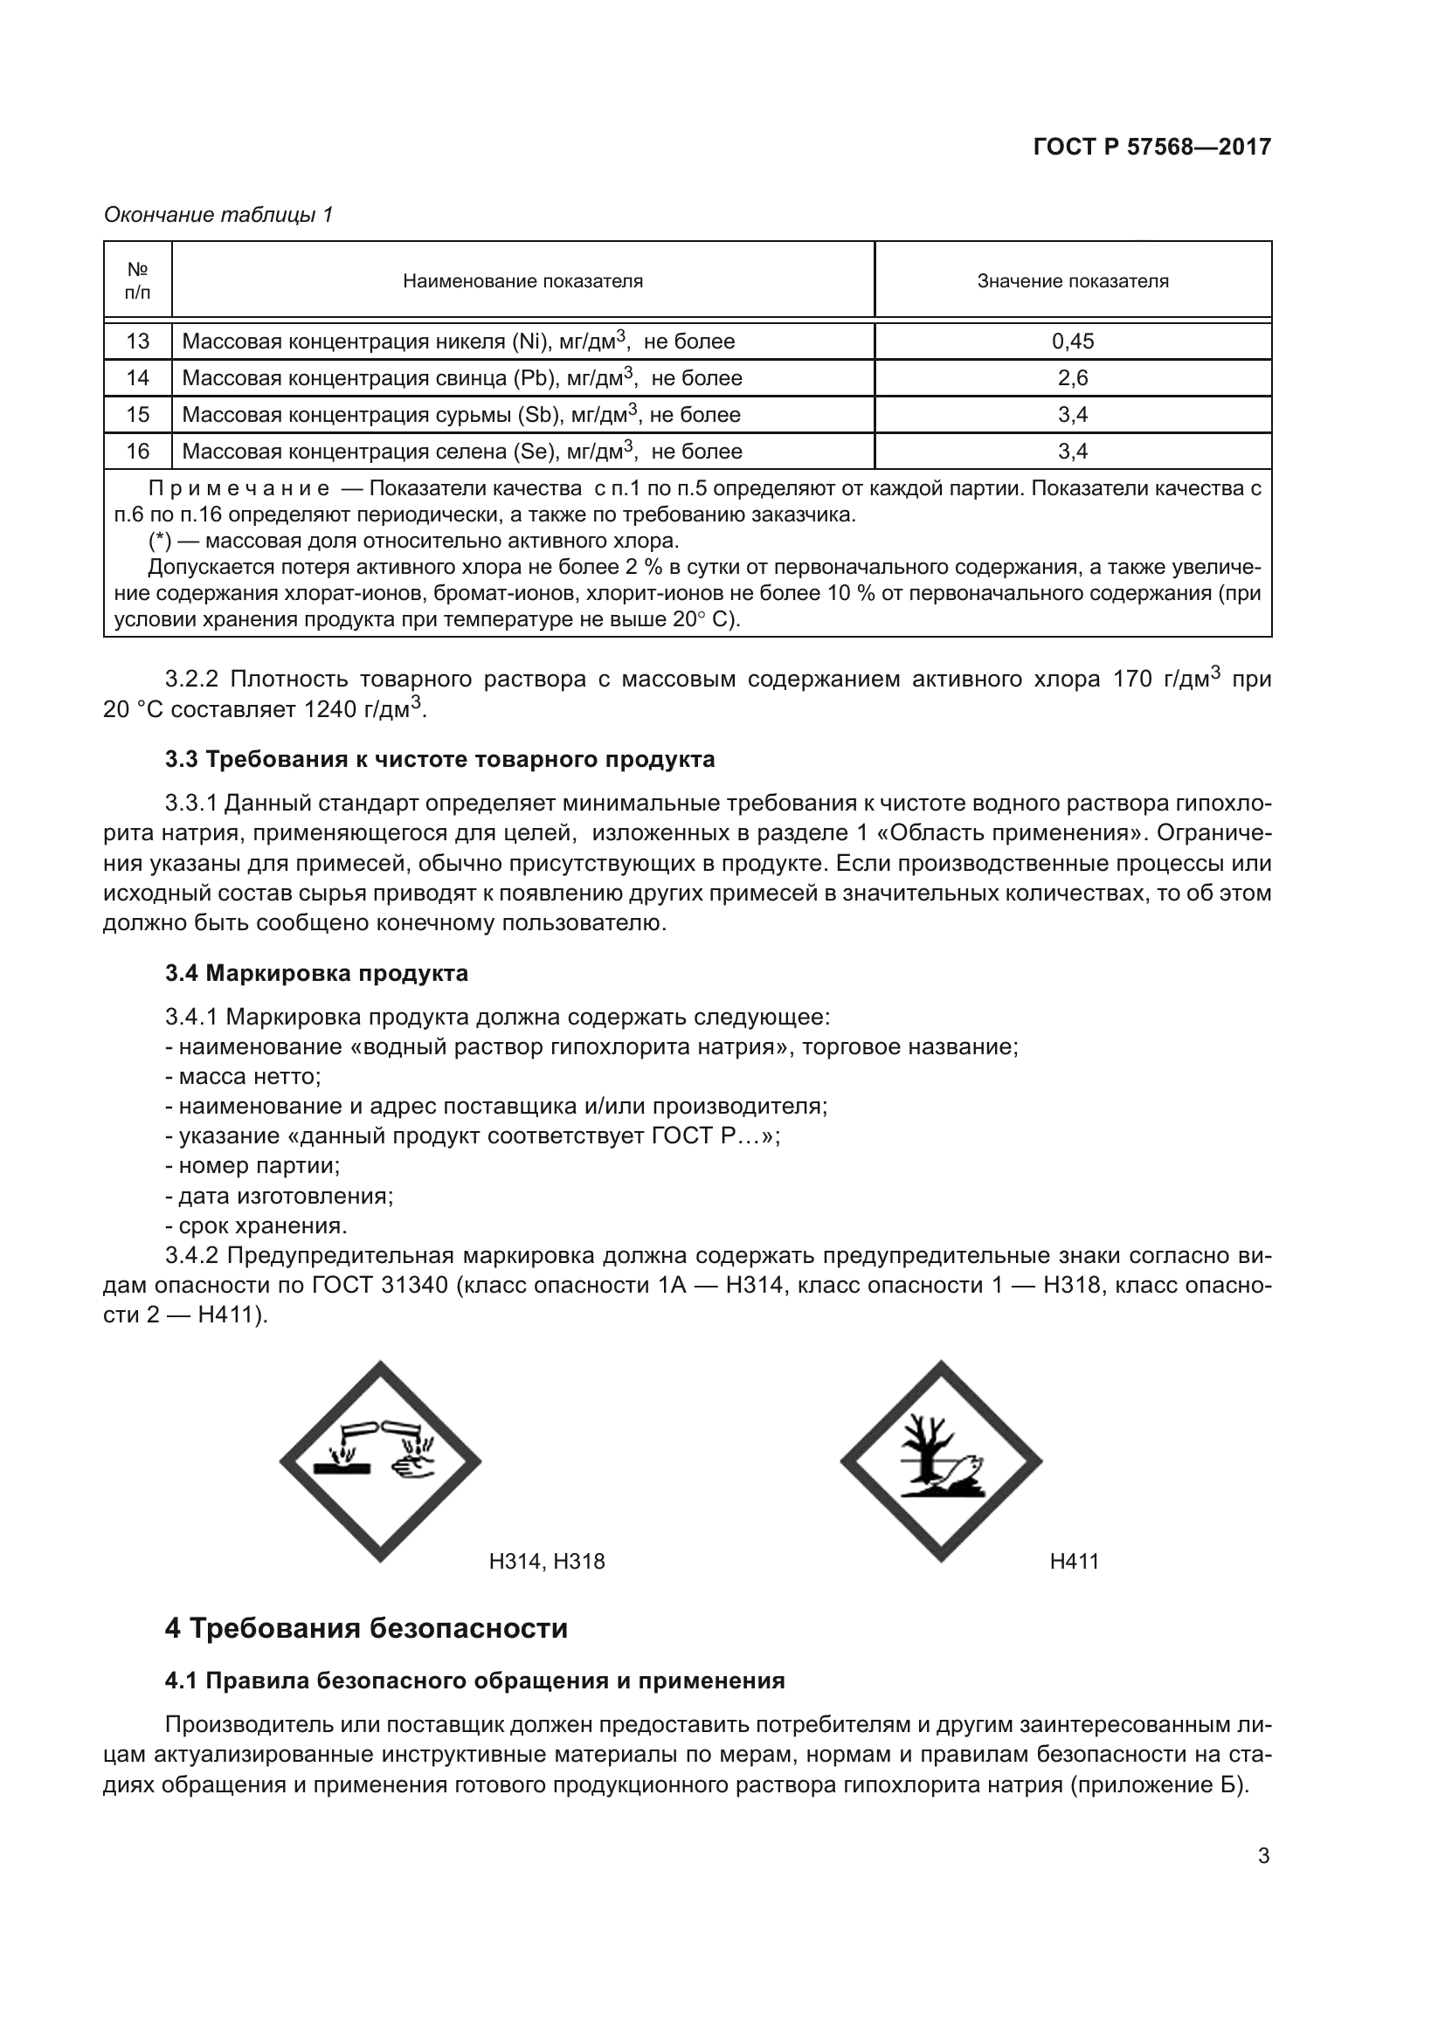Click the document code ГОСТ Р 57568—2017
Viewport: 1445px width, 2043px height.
tap(1151, 147)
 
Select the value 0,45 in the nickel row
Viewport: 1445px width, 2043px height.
tap(1072, 342)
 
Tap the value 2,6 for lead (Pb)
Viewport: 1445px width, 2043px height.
tap(1072, 378)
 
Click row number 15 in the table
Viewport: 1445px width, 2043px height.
tap(138, 415)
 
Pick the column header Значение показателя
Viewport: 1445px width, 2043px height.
tap(1072, 281)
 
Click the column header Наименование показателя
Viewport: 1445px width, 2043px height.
tap(522, 281)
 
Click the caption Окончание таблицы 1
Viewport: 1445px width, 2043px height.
tap(218, 215)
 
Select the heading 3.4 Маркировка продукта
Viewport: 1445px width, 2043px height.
tap(316, 973)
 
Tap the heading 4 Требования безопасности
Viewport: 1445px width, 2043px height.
tap(366, 1628)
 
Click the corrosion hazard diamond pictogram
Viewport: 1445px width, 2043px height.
tap(380, 1461)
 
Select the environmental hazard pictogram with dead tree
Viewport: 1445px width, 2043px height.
tap(941, 1461)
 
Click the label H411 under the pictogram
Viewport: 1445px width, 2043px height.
tap(1074, 1561)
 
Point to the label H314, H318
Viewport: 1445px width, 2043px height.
tap(546, 1561)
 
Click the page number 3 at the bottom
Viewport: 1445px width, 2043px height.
tap(1262, 1856)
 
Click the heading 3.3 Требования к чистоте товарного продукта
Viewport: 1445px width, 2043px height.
tap(439, 760)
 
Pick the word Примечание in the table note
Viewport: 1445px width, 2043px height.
tap(239, 488)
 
